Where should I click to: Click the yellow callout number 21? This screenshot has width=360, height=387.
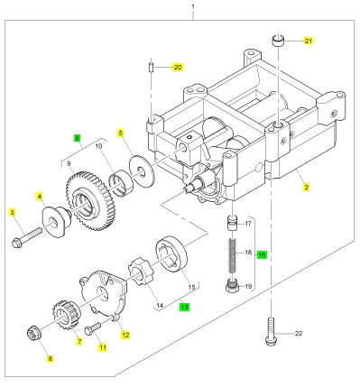pos(309,41)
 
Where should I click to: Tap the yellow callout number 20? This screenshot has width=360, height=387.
pos(178,67)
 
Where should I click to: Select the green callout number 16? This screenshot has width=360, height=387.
pos(262,255)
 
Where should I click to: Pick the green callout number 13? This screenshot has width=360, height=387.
pos(184,307)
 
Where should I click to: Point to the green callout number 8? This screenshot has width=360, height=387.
pos(78,138)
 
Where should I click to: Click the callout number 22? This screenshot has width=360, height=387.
pos(299,334)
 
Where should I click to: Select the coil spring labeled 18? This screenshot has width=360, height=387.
pos(233,255)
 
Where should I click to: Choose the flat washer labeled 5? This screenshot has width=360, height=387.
pos(141,171)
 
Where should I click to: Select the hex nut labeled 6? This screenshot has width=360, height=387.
pos(32,334)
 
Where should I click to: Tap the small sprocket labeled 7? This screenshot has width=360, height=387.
pos(66,315)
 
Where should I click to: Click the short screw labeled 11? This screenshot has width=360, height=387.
pos(93,327)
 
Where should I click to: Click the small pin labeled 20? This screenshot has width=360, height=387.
pos(152,68)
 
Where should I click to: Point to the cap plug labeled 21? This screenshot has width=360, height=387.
pos(278,41)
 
